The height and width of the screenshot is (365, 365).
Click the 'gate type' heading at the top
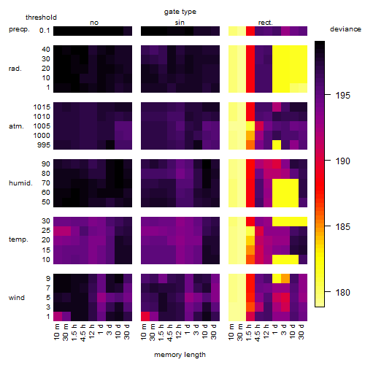(180, 12)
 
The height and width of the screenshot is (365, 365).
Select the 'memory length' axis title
(180, 355)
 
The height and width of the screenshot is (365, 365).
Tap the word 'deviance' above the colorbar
(345, 29)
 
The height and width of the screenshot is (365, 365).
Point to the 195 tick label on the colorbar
(342, 96)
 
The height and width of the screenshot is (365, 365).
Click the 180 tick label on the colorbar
(342, 292)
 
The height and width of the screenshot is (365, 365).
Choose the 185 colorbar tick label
(342, 227)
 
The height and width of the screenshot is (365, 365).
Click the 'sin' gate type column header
(180, 23)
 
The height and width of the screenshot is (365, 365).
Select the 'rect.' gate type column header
(265, 23)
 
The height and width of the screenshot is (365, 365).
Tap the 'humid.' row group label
(20, 183)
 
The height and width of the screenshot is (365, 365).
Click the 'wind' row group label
(17, 298)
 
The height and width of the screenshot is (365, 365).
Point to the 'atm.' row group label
(16, 126)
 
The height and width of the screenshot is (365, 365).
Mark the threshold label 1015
(42, 107)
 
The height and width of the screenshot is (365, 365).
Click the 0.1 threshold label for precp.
(45, 31)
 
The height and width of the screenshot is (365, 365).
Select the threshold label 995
(44, 145)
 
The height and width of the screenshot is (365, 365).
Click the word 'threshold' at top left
(41, 18)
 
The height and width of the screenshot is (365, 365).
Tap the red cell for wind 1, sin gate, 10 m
(145, 316)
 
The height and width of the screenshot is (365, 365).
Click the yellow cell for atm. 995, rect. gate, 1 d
(277, 145)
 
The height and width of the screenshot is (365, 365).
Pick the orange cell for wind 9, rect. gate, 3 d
(285, 278)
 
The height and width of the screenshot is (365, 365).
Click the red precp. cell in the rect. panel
(250, 31)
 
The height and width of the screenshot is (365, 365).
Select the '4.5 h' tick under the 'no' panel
(82, 332)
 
